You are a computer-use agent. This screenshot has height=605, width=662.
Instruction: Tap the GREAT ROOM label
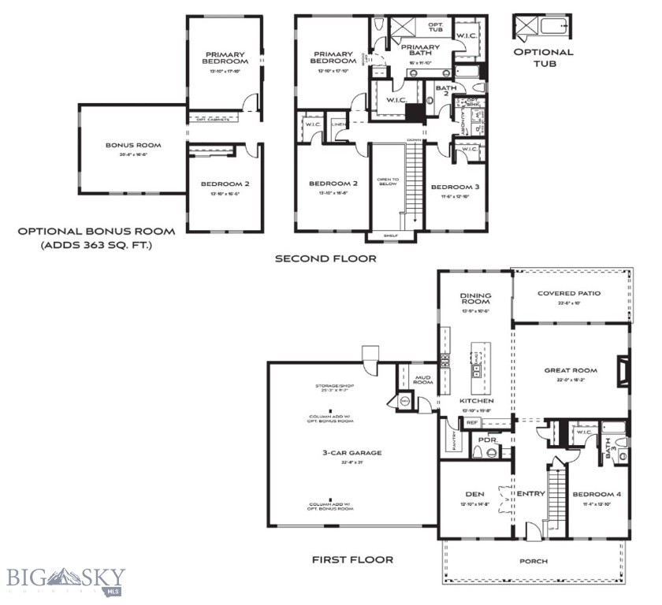[x=571, y=370]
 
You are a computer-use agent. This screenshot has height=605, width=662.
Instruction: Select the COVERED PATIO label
[x=568, y=293]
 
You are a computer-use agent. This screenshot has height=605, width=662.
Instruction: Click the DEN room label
[x=474, y=494]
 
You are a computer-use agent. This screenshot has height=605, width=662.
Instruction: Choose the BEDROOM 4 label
[x=597, y=494]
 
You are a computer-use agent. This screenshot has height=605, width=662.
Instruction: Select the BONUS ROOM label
[x=133, y=145]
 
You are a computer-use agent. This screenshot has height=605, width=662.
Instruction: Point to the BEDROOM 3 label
[x=455, y=187]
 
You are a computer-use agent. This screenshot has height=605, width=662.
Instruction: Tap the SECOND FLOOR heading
[x=325, y=258]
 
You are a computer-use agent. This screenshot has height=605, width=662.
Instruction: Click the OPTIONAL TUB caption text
[x=543, y=58]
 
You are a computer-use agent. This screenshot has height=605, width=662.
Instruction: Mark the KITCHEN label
[x=475, y=401]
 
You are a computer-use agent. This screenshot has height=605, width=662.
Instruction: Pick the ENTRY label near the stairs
[x=530, y=494]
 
